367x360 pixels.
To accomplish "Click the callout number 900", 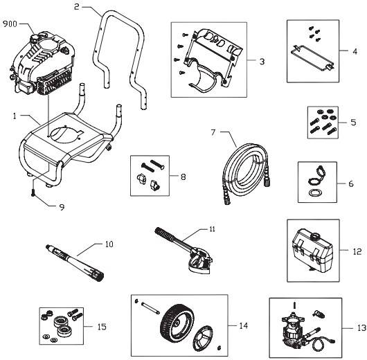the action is pyautogui.click(x=10, y=24).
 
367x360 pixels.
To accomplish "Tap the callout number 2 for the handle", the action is pyautogui.click(x=77, y=7).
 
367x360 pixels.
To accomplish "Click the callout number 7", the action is pyautogui.click(x=213, y=132).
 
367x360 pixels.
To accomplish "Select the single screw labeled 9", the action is pyautogui.click(x=33, y=192).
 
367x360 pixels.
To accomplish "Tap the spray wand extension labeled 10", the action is pyautogui.click(x=75, y=262).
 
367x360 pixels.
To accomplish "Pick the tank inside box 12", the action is pyautogui.click(x=312, y=251).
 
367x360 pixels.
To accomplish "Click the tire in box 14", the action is pyautogui.click(x=177, y=324).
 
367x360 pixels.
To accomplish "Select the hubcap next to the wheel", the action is pyautogui.click(x=202, y=338).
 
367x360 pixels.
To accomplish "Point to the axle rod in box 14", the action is pyautogui.click(x=150, y=307).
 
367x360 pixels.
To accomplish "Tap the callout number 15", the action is pyautogui.click(x=102, y=327).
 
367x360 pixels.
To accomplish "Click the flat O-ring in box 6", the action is pyautogui.click(x=314, y=193).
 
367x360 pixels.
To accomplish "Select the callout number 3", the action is pyautogui.click(x=262, y=62).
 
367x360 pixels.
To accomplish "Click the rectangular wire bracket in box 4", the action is pyautogui.click(x=312, y=57).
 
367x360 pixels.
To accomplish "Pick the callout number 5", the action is pyautogui.click(x=353, y=122).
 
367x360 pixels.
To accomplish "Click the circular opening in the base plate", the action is pyautogui.click(x=66, y=135).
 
